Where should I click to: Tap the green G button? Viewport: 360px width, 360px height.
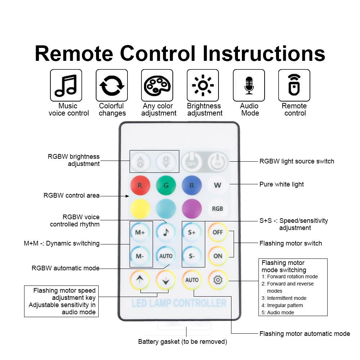tap(166, 185)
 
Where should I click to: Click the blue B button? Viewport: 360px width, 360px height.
tap(192, 185)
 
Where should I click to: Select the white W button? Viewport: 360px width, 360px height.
tap(217, 185)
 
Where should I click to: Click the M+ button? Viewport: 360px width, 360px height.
tap(140, 232)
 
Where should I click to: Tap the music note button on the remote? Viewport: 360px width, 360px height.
tap(166, 232)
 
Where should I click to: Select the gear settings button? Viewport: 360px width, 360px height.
tap(218, 280)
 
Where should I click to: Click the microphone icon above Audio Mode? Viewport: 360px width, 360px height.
tap(249, 85)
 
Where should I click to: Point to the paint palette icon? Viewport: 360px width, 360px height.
tap(157, 85)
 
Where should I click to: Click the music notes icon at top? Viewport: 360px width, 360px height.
tap(66, 85)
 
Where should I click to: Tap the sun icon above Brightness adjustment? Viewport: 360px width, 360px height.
tap(203, 85)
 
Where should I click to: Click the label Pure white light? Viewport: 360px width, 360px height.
tap(282, 184)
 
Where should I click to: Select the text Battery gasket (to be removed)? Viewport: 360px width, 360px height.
tap(183, 342)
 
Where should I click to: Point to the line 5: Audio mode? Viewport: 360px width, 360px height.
tap(278, 312)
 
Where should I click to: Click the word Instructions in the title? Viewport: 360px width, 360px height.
tap(264, 53)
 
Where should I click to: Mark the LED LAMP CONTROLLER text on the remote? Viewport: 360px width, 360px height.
tap(179, 303)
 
